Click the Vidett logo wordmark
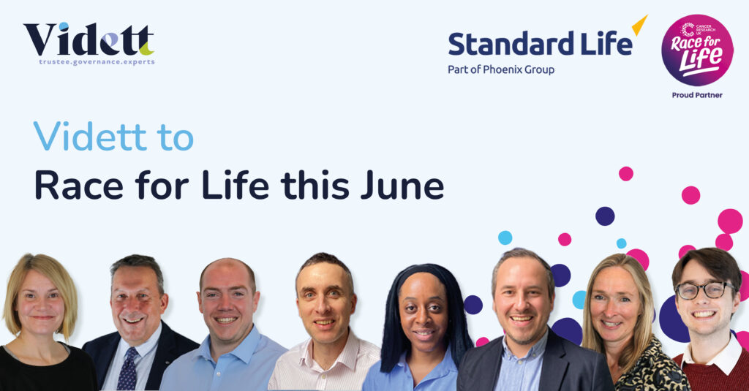(x=89, y=39)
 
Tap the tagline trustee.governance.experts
(x=97, y=62)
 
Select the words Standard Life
(x=541, y=43)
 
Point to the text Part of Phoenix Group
(x=501, y=69)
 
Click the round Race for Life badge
(x=697, y=50)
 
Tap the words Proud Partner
(x=697, y=95)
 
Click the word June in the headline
(x=402, y=185)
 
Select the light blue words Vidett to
(x=113, y=137)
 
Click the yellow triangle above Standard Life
(x=640, y=25)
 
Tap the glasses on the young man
(x=704, y=290)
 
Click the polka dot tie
(x=127, y=369)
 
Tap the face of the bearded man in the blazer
(x=522, y=301)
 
